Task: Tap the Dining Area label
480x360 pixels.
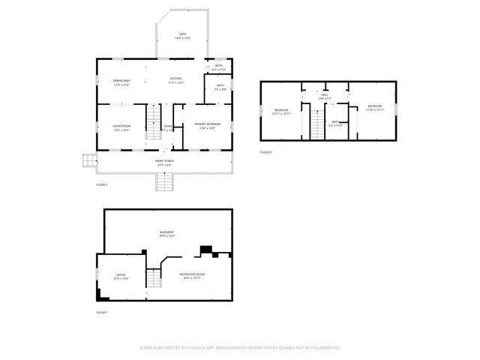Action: (121, 81)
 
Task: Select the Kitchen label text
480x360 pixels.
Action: (175, 79)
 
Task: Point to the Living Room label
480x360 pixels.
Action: (121, 127)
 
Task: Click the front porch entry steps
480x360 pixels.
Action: (164, 181)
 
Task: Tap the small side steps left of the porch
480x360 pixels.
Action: (89, 160)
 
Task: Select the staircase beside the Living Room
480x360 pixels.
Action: (153, 123)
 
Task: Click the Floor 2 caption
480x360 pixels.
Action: (102, 184)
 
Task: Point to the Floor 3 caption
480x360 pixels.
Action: (266, 152)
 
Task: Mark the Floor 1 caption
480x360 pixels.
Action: (102, 312)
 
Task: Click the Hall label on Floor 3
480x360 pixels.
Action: (325, 96)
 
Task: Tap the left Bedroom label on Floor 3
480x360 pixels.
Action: (281, 112)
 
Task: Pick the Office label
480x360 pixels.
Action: (121, 277)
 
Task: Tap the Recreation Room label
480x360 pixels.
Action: (193, 275)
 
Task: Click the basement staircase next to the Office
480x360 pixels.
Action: (153, 279)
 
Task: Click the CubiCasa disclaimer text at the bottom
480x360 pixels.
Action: (240, 347)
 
